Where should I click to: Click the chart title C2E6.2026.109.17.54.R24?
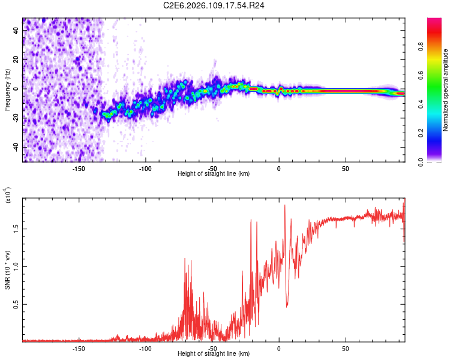[x=214, y=5]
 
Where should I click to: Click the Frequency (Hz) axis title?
[x=7, y=90]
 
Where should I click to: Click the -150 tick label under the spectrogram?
[x=78, y=168]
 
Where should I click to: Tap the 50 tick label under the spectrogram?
[x=346, y=168]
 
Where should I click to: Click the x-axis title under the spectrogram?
[x=214, y=174]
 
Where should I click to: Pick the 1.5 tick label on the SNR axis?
[x=16, y=229]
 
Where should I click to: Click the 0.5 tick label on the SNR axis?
[x=16, y=305]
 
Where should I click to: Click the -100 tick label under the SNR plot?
[x=145, y=348]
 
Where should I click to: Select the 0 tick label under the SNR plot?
[x=278, y=348]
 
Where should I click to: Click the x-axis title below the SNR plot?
[x=214, y=354]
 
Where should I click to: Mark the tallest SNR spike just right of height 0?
[x=284, y=206]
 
